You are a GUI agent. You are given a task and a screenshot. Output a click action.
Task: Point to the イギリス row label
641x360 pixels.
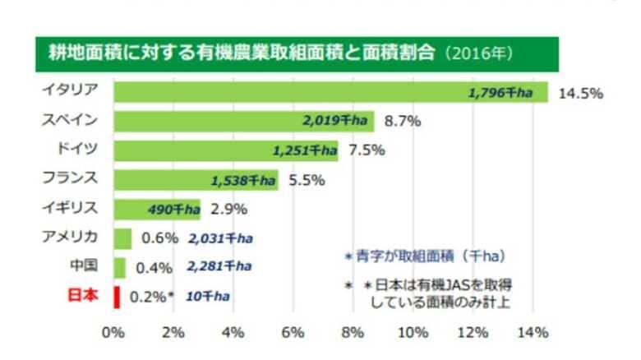(x=70, y=208)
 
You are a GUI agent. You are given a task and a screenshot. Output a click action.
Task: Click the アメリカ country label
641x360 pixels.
(x=70, y=238)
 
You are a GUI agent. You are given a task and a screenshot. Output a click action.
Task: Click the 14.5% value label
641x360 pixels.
(x=581, y=93)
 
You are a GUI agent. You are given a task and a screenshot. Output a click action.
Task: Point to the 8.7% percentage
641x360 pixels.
(x=402, y=121)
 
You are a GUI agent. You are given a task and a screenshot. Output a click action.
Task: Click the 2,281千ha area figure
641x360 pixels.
(x=219, y=266)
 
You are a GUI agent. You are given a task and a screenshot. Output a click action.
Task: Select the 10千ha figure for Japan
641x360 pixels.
(x=207, y=296)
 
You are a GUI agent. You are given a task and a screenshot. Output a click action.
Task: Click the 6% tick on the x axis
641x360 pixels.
(x=293, y=333)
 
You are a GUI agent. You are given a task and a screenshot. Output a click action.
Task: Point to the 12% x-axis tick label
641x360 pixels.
(x=473, y=333)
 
